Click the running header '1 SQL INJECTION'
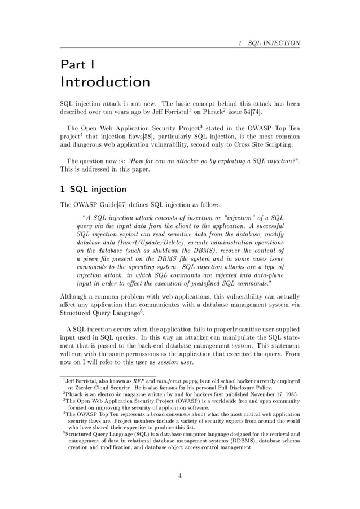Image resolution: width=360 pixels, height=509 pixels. point(269,43)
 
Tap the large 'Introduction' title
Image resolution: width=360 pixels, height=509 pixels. point(105,82)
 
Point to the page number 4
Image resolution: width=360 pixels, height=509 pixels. point(180,475)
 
